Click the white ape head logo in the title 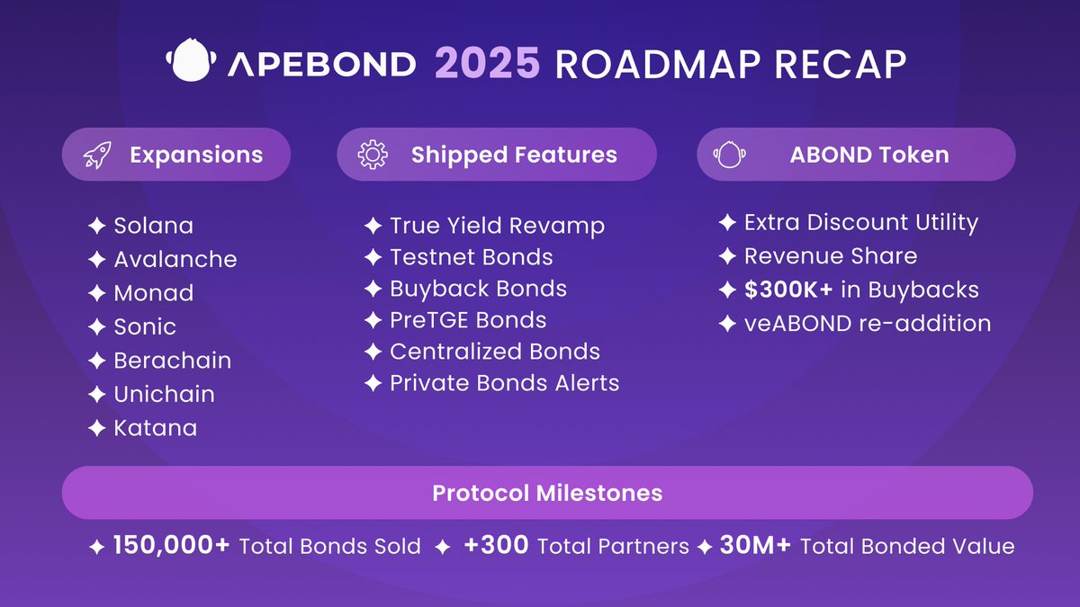pyautogui.click(x=191, y=60)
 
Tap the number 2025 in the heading pyautogui.click(x=487, y=63)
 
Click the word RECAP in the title pyautogui.click(x=841, y=64)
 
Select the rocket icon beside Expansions pyautogui.click(x=97, y=155)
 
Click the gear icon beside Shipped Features pyautogui.click(x=373, y=155)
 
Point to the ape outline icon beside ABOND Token pyautogui.click(x=730, y=155)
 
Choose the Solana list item pyautogui.click(x=153, y=226)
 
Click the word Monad pyautogui.click(x=153, y=293)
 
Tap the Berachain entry pyautogui.click(x=172, y=361)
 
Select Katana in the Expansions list pyautogui.click(x=155, y=428)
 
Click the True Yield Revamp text pyautogui.click(x=497, y=226)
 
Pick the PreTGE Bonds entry pyautogui.click(x=468, y=320)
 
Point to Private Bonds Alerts pyautogui.click(x=504, y=383)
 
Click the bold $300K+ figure pyautogui.click(x=788, y=290)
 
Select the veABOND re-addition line pyautogui.click(x=868, y=323)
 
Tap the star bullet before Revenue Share pyautogui.click(x=727, y=255)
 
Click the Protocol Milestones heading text pyautogui.click(x=547, y=493)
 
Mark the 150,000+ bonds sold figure pyautogui.click(x=171, y=545)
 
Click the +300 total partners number pyautogui.click(x=496, y=545)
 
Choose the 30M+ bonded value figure pyautogui.click(x=755, y=545)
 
